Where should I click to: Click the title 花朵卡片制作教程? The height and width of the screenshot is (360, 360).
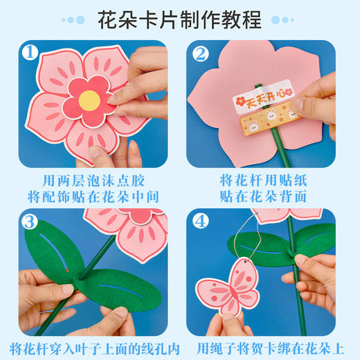(180, 19)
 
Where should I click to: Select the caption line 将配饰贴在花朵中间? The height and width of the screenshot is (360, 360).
(90, 197)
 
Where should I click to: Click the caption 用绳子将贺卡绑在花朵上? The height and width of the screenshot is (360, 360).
(270, 345)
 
